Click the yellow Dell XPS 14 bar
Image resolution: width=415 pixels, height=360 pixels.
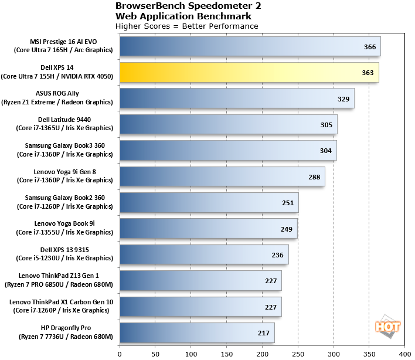[249, 72]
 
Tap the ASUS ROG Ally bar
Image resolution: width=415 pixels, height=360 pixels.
[237, 98]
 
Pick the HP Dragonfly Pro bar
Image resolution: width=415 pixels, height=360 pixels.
[197, 333]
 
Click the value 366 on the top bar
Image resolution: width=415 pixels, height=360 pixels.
[370, 46]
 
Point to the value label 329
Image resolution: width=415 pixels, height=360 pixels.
[343, 99]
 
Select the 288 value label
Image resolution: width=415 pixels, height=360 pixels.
[314, 176]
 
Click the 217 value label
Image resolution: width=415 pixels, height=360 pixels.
[264, 334]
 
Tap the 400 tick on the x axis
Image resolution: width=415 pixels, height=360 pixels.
[404, 354]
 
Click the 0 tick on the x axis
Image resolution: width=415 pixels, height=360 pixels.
[120, 354]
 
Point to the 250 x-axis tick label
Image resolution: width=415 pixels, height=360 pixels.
[298, 354]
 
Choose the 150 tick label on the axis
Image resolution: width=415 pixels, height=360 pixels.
[226, 354]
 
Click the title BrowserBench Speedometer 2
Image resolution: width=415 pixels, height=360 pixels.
[189, 6]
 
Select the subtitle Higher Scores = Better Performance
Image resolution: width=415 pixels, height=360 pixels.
[187, 26]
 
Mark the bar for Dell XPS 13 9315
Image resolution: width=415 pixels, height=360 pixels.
[204, 254]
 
